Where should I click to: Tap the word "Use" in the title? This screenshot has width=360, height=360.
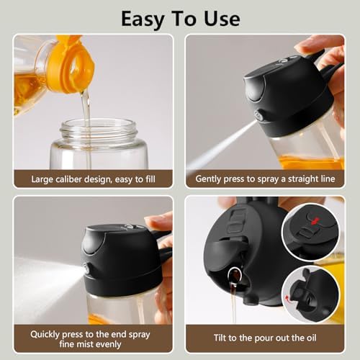(x=222, y=17)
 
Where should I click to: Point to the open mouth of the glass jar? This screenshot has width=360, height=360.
(x=98, y=130)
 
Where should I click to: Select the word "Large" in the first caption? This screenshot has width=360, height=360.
(x=42, y=179)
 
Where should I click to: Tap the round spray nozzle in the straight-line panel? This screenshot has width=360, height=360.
(x=258, y=115)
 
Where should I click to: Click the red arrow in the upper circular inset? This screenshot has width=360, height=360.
(x=312, y=217)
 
